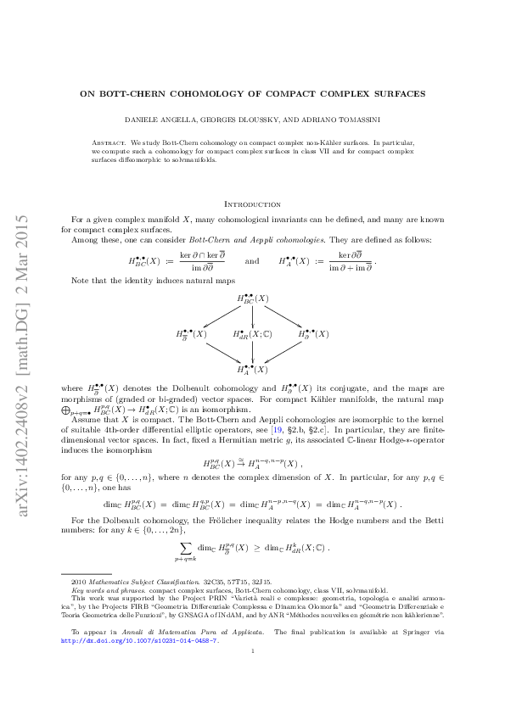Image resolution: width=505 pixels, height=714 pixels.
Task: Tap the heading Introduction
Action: point(252,204)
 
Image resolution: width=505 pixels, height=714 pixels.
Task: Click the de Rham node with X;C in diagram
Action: point(252,334)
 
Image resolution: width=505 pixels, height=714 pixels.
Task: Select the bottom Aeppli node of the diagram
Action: point(252,369)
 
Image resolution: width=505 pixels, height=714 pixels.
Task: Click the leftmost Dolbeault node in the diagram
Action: point(191,334)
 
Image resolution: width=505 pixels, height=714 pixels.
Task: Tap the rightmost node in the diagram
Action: point(314,334)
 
